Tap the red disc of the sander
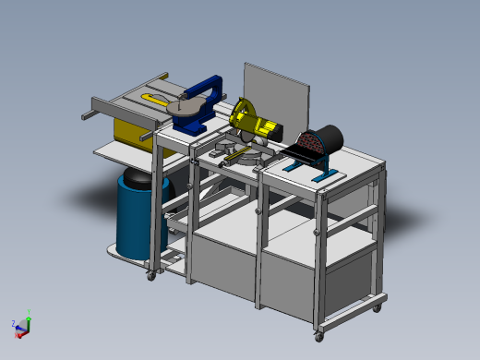[x=310, y=144]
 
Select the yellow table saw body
[x=129, y=129]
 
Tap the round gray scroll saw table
[x=189, y=111]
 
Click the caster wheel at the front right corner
[x=318, y=333]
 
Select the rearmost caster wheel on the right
[x=377, y=306]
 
